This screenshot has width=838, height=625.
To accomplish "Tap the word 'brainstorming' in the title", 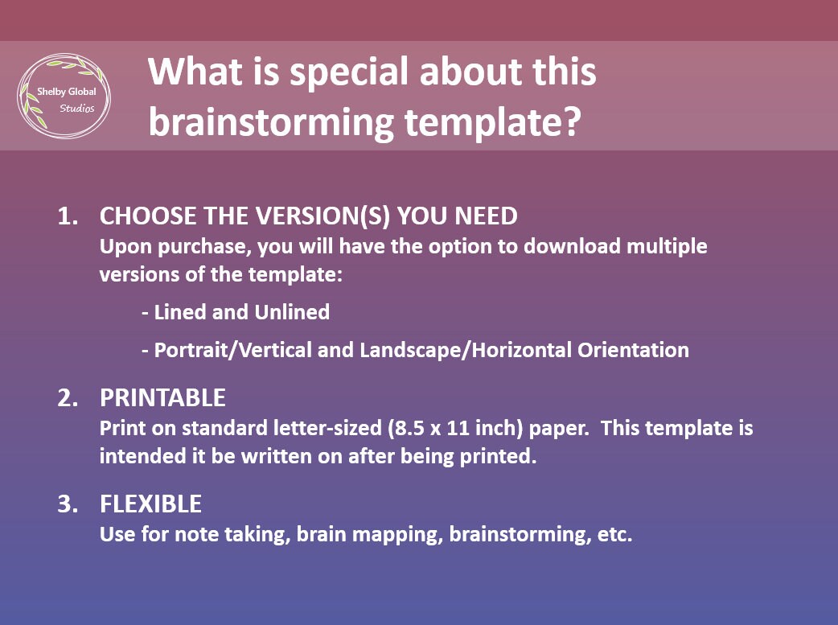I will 271,123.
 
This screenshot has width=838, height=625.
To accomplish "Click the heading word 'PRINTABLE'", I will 162,398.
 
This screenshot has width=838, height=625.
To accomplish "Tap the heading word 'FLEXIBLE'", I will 150,504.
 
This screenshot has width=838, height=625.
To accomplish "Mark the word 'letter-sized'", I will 327,428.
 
